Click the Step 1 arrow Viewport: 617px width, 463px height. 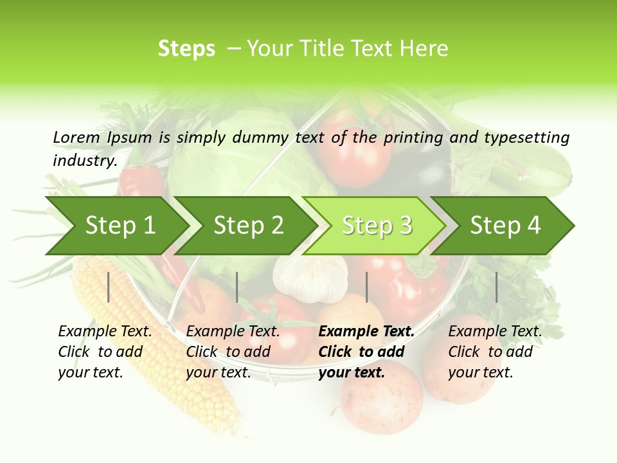(x=120, y=226)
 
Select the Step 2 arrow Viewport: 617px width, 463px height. (x=248, y=226)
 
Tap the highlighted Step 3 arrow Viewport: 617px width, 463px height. (x=377, y=226)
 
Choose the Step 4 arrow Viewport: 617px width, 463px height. (x=505, y=226)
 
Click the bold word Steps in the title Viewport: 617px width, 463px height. (x=186, y=49)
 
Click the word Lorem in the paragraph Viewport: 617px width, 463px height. (x=76, y=137)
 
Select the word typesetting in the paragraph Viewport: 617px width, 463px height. (x=526, y=137)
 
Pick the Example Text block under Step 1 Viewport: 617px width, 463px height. (x=105, y=352)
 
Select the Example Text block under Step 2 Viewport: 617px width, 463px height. (x=233, y=352)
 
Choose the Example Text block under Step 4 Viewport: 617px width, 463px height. (x=495, y=352)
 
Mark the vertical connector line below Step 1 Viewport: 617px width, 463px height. (x=109, y=287)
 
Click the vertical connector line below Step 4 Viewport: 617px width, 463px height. (x=496, y=287)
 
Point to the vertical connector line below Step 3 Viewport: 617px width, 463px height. (x=366, y=287)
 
